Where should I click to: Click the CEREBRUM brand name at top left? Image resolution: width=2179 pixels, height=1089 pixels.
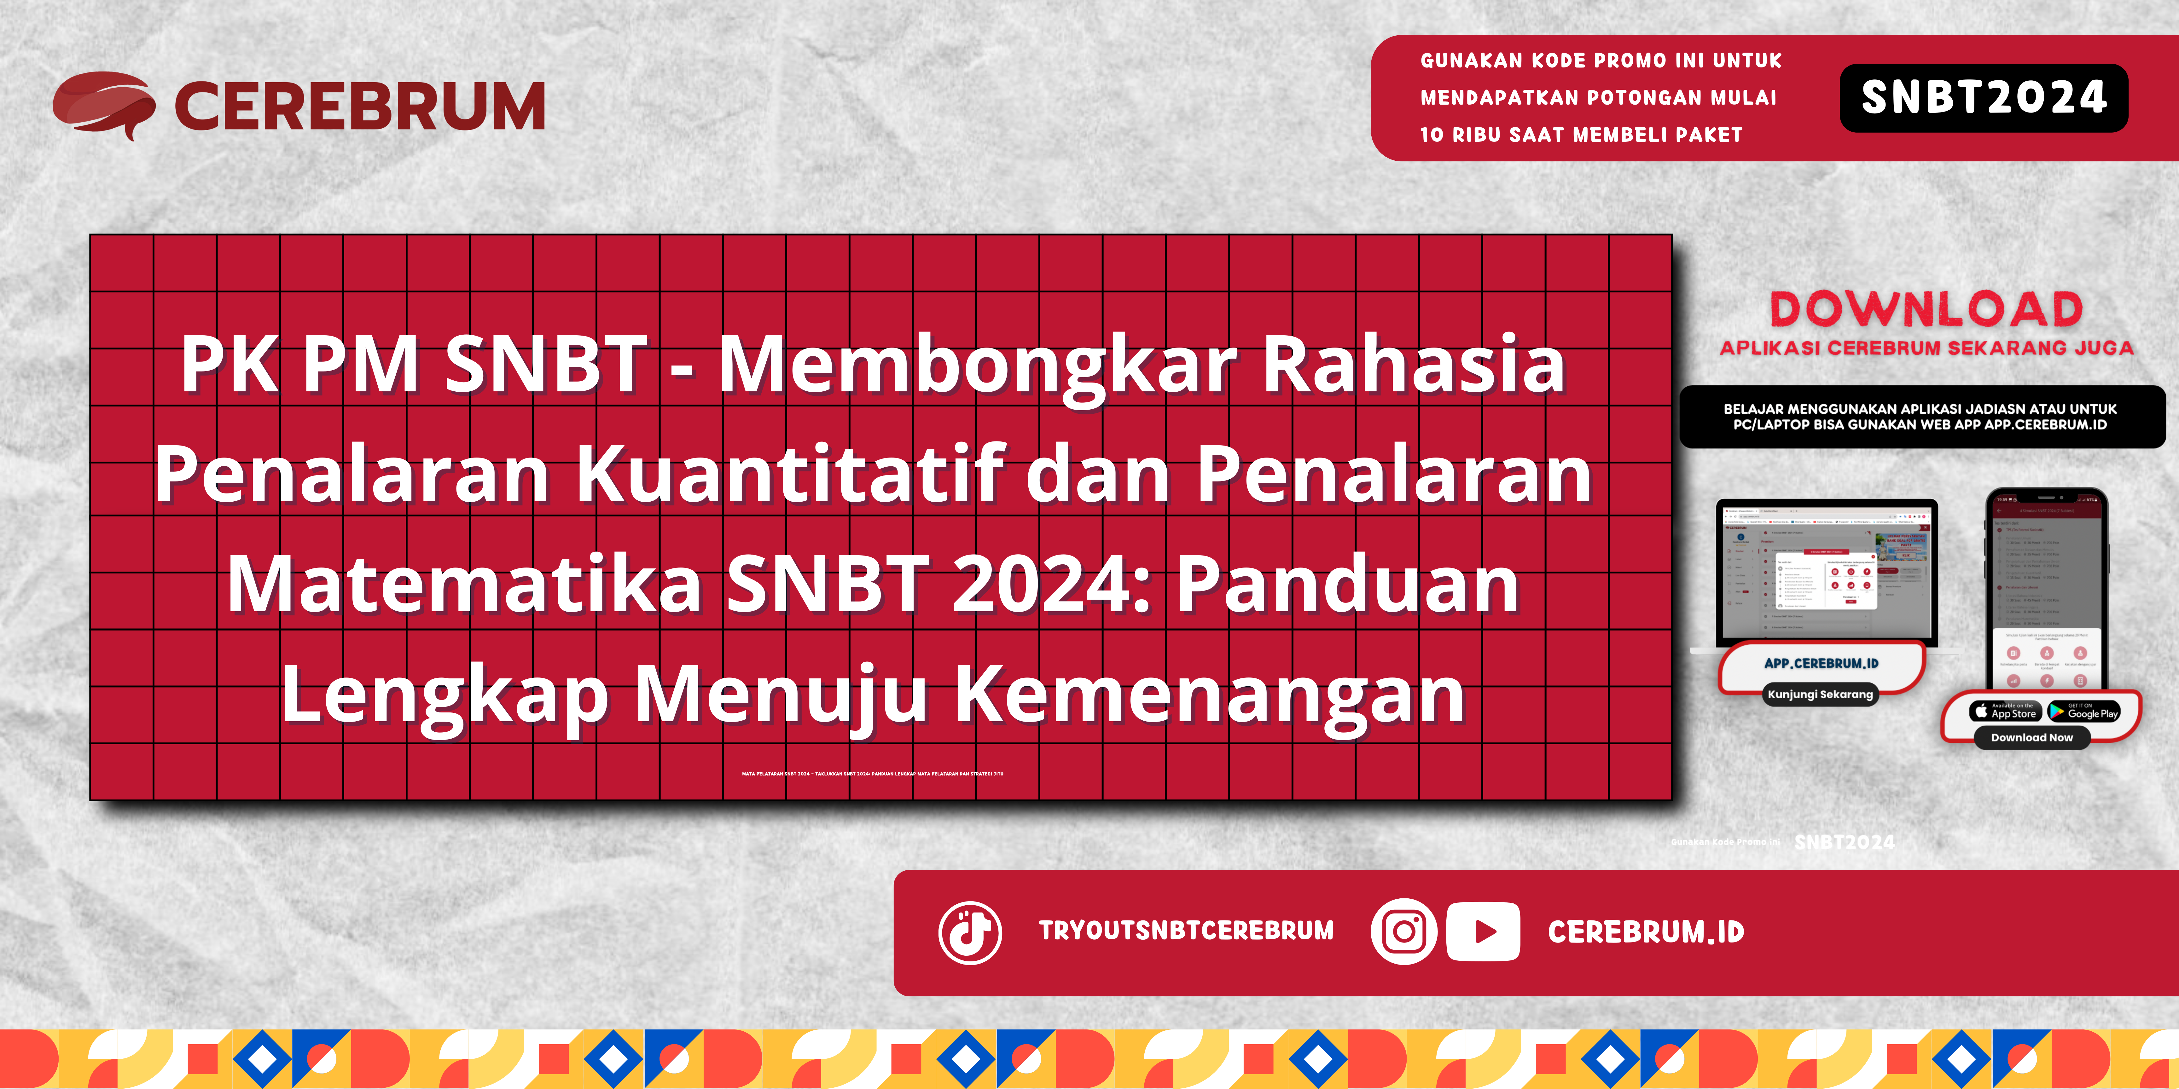coord(359,107)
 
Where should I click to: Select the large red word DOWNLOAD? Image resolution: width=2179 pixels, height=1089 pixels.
coord(1926,309)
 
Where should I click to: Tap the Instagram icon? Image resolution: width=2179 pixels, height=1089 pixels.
coord(1403,932)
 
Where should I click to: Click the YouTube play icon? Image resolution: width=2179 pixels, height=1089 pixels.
coord(1483,932)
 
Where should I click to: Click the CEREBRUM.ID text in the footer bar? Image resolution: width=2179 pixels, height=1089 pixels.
coord(1645,932)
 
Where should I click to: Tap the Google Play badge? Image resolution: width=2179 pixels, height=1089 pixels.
coord(2083,711)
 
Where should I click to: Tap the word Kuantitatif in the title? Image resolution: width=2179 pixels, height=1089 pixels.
coord(791,475)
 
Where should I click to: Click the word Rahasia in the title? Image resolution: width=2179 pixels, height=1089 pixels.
coord(1413,365)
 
